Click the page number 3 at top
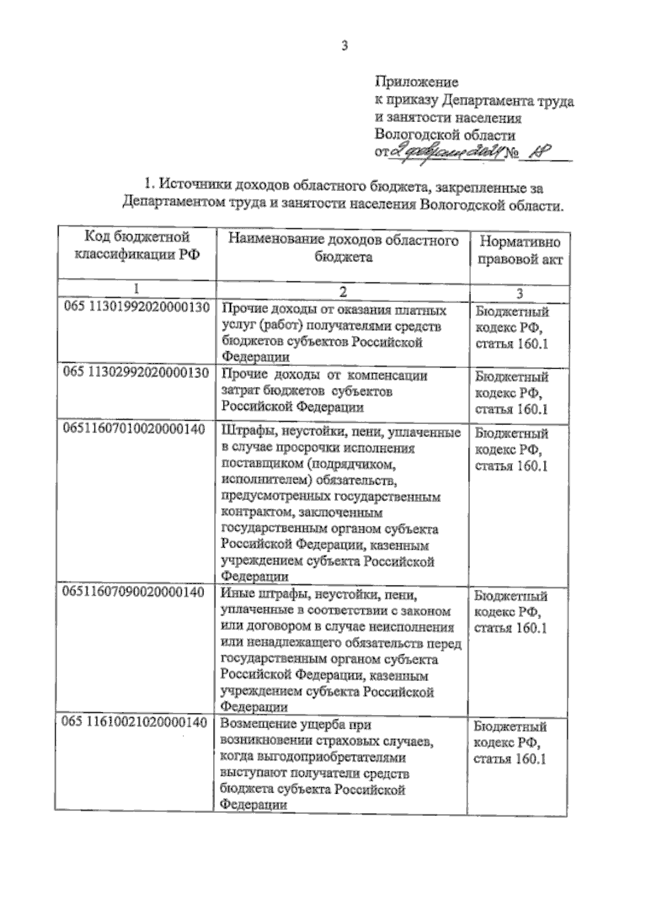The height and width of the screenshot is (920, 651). click(344, 46)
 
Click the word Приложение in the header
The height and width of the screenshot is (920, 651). click(416, 82)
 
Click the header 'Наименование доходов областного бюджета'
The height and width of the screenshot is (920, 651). click(343, 248)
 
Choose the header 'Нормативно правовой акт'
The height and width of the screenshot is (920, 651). click(519, 250)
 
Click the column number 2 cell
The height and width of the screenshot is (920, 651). click(343, 292)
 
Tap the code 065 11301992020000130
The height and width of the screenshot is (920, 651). click(137, 307)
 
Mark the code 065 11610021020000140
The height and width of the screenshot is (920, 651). click(135, 722)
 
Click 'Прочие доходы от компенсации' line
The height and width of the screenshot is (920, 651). click(324, 376)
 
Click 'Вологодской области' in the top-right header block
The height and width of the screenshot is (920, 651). click(445, 134)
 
